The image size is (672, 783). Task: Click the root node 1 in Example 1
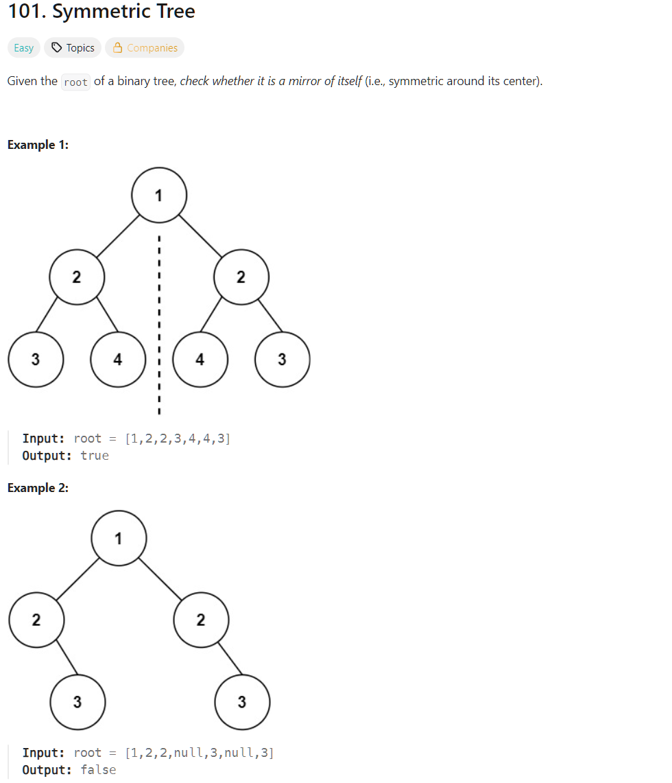point(158,195)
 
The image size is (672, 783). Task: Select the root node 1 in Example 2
point(119,538)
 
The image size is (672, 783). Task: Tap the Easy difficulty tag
point(24,48)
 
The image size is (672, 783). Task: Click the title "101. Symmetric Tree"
point(101,12)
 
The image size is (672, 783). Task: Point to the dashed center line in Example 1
point(158,323)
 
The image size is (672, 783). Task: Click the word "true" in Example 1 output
point(95,456)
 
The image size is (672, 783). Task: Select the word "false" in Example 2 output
point(98,770)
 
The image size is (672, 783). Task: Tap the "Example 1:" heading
point(38,145)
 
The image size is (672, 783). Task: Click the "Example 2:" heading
point(38,488)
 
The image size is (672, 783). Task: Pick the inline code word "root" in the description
point(75,82)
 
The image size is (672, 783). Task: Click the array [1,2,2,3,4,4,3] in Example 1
point(178,439)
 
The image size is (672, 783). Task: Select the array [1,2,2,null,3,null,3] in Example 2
point(200,753)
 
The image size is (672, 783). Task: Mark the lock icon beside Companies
point(117,48)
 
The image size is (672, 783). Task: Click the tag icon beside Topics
point(58,48)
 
